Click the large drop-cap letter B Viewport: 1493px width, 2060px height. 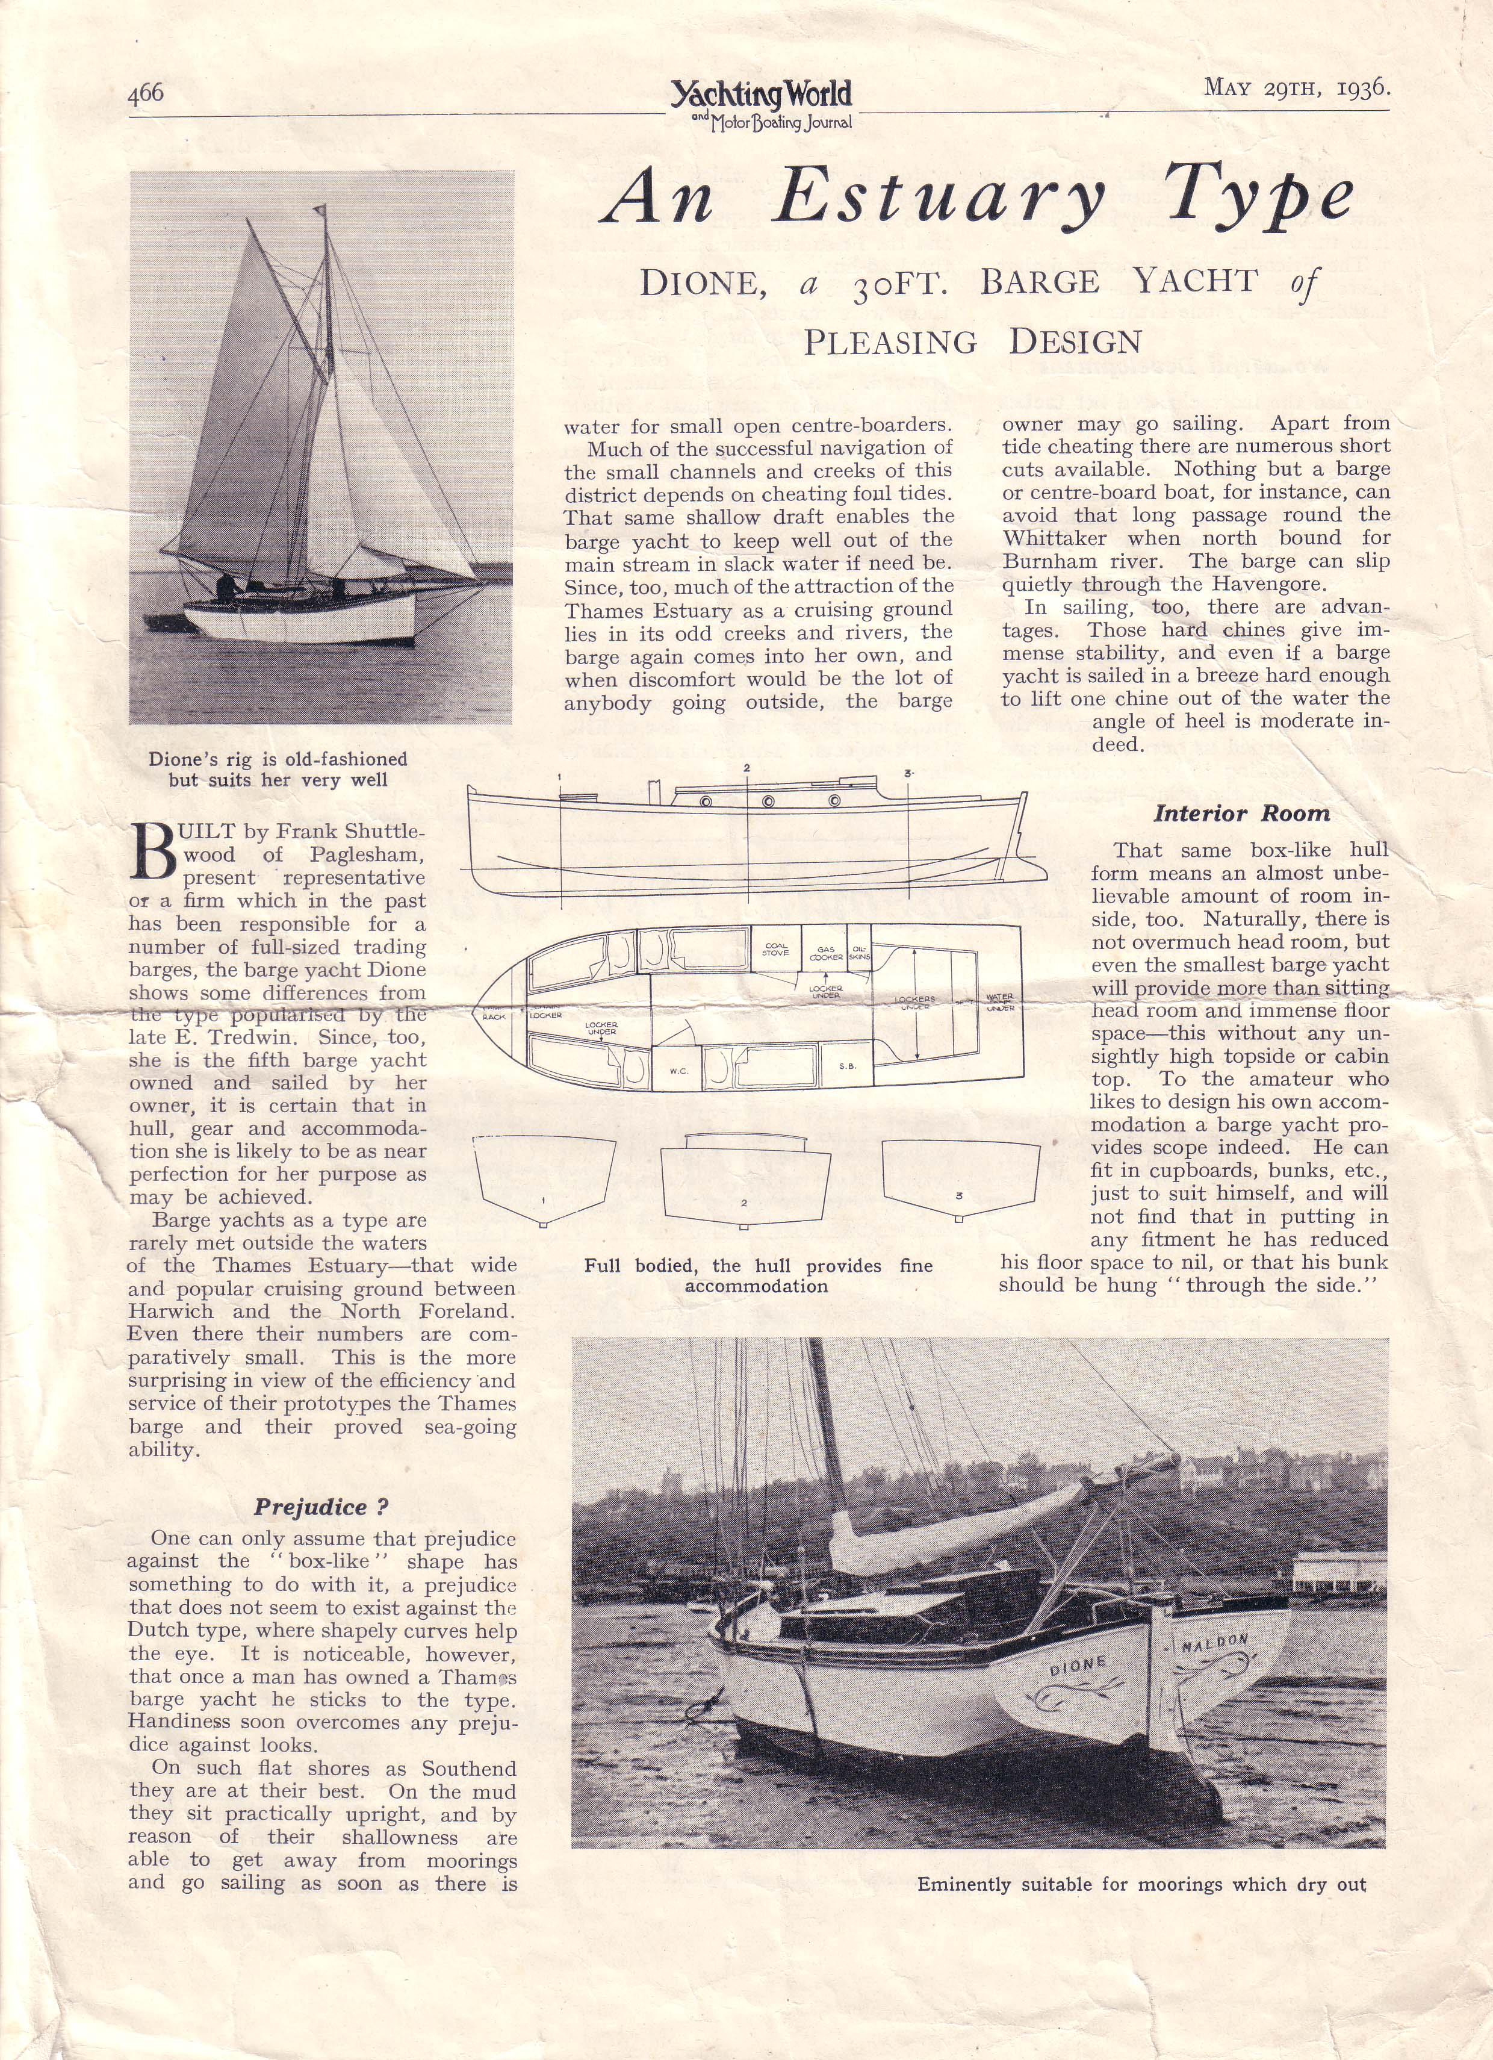pyautogui.click(x=152, y=850)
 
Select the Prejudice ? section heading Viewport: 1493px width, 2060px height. pyautogui.click(x=321, y=1507)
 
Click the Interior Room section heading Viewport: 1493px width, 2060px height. pyautogui.click(x=1241, y=814)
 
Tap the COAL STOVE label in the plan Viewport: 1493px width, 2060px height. pyautogui.click(x=775, y=949)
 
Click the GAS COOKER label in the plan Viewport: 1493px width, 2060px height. pyautogui.click(x=825, y=954)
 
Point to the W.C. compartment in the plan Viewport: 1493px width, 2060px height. pyautogui.click(x=678, y=1071)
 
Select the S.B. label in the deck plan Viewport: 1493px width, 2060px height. pyautogui.click(x=846, y=1065)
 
